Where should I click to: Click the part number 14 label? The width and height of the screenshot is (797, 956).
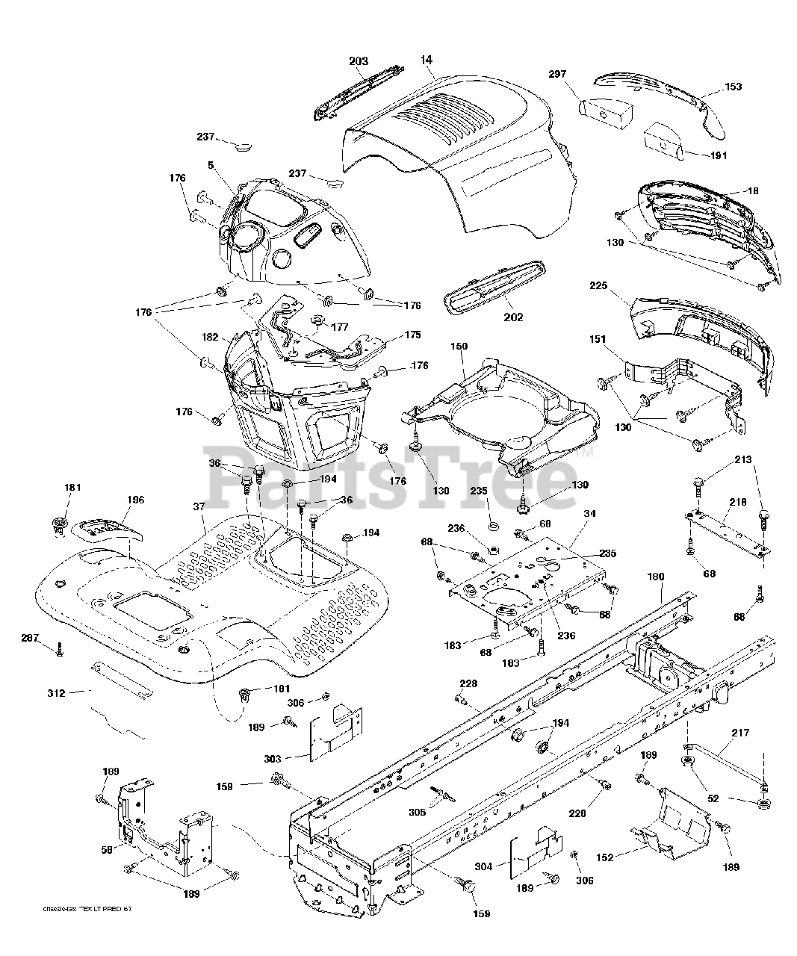427,59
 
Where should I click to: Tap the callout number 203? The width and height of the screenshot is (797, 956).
359,61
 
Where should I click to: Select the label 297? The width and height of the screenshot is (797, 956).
557,75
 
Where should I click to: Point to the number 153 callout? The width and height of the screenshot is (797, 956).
733,87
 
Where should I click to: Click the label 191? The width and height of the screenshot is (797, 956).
718,155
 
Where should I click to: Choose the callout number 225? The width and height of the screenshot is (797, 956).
598,286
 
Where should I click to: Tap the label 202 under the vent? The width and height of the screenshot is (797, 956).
513,317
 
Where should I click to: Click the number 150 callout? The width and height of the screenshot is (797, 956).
459,347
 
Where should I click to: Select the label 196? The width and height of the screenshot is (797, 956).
135,500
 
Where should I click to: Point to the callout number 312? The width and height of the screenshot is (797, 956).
56,693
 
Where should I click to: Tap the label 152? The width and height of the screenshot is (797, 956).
605,857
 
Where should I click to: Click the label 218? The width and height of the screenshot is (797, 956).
738,503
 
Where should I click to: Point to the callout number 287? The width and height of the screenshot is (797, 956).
30,637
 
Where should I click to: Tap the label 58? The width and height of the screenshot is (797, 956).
108,850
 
